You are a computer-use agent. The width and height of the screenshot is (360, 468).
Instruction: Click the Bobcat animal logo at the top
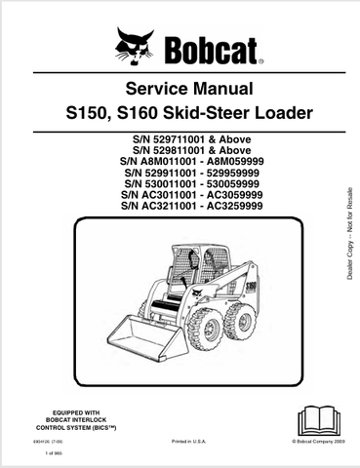[x=134, y=44]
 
